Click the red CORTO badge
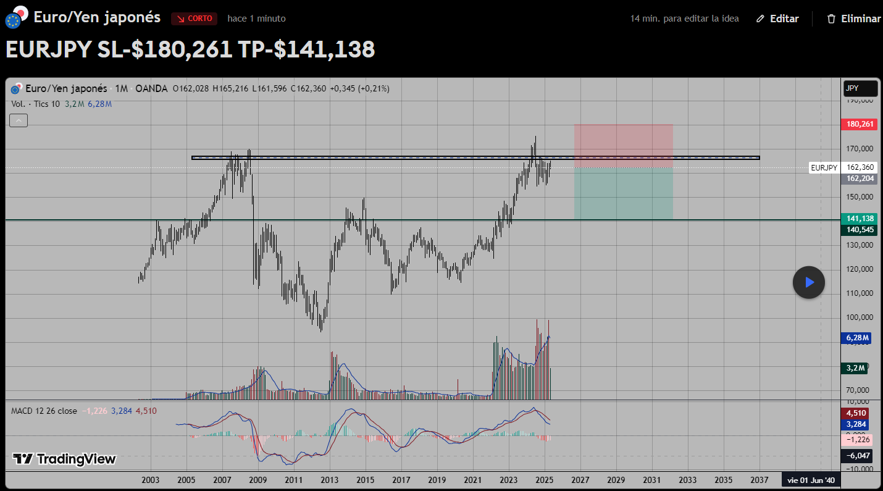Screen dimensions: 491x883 pyautogui.click(x=194, y=19)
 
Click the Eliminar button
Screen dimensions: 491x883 pyautogui.click(x=854, y=19)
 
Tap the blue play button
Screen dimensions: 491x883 pyautogui.click(x=809, y=282)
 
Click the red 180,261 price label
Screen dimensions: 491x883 pyautogui.click(x=859, y=124)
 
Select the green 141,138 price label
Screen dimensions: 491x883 pyautogui.click(x=859, y=218)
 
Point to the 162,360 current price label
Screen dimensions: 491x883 pyautogui.click(x=859, y=167)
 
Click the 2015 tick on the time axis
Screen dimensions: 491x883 pyautogui.click(x=365, y=480)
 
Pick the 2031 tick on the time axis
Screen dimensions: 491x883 pyautogui.click(x=651, y=480)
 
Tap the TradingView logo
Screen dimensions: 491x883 pyautogui.click(x=64, y=459)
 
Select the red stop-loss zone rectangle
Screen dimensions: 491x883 pyautogui.click(x=623, y=146)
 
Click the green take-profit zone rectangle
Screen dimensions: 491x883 pyautogui.click(x=623, y=193)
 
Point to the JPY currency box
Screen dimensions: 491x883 pyautogui.click(x=860, y=88)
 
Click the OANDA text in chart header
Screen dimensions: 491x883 pyautogui.click(x=151, y=88)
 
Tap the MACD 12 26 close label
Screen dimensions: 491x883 pyautogui.click(x=44, y=411)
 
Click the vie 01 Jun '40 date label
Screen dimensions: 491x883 pyautogui.click(x=810, y=480)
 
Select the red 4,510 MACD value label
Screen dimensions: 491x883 pyautogui.click(x=855, y=413)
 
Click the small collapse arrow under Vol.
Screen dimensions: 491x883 pyautogui.click(x=19, y=120)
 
